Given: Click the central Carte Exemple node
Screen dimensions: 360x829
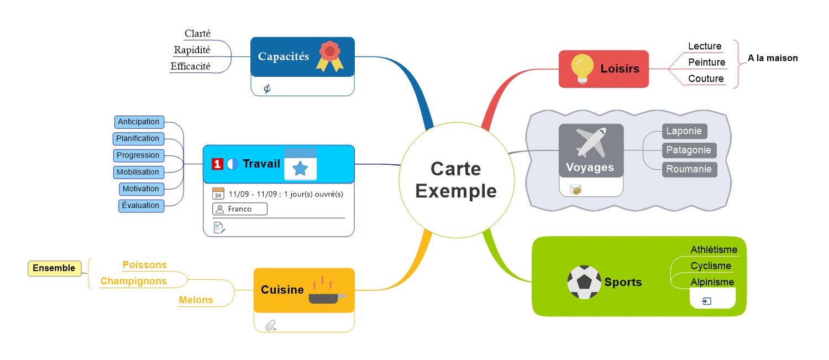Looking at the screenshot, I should point(456,180).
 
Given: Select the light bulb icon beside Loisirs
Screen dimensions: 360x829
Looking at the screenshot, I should point(582,69).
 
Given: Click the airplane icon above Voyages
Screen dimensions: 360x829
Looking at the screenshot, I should point(590,142).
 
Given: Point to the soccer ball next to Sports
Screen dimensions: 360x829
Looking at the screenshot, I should point(584,282).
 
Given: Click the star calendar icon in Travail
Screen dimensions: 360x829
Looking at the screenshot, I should point(300,164).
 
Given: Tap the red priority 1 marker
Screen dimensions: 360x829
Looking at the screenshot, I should point(217,164).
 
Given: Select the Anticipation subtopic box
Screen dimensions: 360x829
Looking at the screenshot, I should point(139,122).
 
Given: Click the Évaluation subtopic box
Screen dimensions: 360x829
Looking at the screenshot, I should point(141,206).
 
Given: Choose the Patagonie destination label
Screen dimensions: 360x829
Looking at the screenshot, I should point(689,150).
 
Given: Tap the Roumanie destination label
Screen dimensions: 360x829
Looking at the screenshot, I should point(689,169).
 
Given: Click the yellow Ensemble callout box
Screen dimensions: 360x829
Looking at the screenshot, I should point(54,268).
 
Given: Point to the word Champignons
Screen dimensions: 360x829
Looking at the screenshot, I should point(133,281).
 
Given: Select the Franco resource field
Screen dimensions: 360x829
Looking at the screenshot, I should point(239,209).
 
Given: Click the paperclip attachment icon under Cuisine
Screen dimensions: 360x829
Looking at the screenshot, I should point(270,325).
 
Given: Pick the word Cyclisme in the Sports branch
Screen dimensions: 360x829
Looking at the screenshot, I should point(711,266).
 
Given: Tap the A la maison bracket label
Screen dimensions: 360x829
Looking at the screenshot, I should point(773,58).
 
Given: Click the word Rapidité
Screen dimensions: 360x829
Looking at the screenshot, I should point(192,50).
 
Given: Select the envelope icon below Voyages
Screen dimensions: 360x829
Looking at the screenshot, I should point(576,190).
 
